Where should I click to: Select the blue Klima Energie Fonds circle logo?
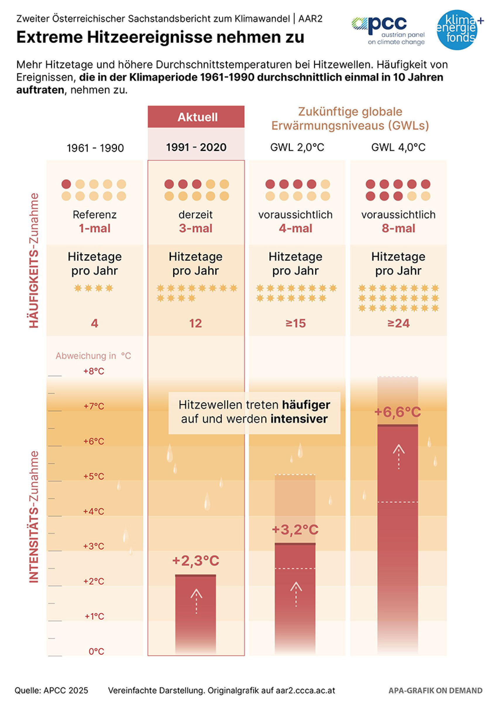pyautogui.click(x=457, y=30)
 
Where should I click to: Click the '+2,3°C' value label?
pyautogui.click(x=196, y=561)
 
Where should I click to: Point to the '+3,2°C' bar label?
pyautogui.click(x=295, y=529)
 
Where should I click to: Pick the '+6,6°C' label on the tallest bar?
pyautogui.click(x=398, y=412)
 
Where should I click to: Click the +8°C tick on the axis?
pyautogui.click(x=94, y=371)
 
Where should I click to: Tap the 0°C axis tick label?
pyautogui.click(x=96, y=651)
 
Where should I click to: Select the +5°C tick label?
pyautogui.click(x=94, y=476)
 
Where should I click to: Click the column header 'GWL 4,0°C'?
pyautogui.click(x=398, y=147)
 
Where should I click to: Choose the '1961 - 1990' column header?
pyautogui.click(x=95, y=148)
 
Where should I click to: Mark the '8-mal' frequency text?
pyautogui.click(x=398, y=228)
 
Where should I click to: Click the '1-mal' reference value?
pyautogui.click(x=94, y=228)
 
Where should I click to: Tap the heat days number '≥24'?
pyautogui.click(x=398, y=323)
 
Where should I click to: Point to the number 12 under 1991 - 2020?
pyautogui.click(x=196, y=323)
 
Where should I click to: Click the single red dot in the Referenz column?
pyautogui.click(x=66, y=184)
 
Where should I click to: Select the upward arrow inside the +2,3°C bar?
pyautogui.click(x=196, y=601)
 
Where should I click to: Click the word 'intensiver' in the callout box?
pyautogui.click(x=299, y=419)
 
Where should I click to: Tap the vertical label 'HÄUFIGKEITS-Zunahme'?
pyautogui.click(x=34, y=260)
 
